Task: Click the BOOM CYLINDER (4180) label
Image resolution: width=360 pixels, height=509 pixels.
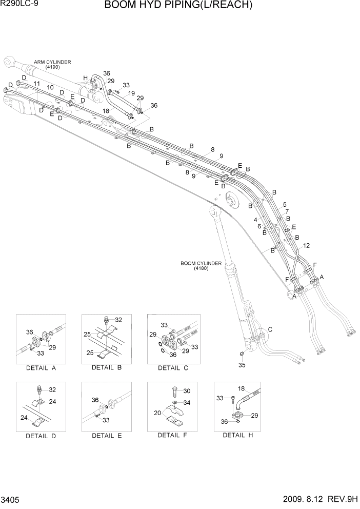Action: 201,265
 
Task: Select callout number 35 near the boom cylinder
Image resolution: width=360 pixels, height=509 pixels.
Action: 242,365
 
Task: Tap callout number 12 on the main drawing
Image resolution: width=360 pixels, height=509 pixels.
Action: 306,246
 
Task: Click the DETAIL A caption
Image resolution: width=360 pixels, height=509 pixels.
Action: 40,368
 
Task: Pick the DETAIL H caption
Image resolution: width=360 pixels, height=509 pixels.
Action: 237,435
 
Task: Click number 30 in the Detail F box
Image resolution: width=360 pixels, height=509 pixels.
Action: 187,390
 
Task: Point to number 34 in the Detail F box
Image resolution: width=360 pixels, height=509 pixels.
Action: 187,402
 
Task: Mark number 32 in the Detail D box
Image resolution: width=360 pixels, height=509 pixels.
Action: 52,389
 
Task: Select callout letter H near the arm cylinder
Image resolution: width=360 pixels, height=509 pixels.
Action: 86,77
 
